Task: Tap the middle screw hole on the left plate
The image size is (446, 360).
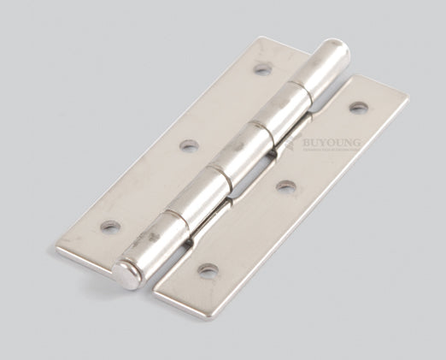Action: tap(189, 145)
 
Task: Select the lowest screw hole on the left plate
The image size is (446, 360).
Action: tap(110, 227)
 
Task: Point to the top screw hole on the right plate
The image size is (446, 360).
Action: tap(359, 108)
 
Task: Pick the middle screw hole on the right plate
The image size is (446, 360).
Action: tap(286, 186)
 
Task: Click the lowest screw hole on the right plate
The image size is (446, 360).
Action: tap(208, 272)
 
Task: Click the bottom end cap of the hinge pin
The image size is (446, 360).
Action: tap(127, 275)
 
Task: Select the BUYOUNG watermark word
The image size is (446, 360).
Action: tap(332, 145)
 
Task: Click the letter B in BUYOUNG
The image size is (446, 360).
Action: tap(307, 145)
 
